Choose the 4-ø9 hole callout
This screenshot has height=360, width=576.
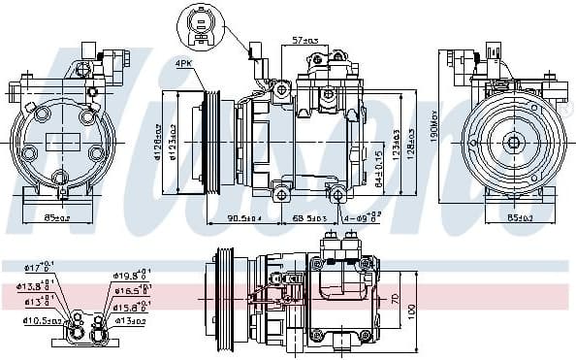coord(364,217)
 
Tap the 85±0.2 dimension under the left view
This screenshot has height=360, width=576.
coord(58,217)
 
